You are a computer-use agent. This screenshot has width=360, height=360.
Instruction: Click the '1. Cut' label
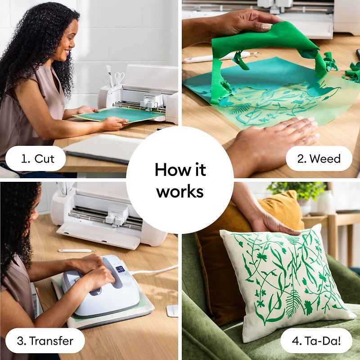(x=38, y=158)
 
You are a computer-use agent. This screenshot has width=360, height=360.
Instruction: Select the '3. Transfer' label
(x=45, y=340)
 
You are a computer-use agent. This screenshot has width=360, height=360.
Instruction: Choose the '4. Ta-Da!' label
(x=316, y=340)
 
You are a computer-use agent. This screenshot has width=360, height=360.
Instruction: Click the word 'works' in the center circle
(x=180, y=191)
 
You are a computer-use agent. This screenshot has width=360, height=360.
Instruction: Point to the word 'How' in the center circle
(x=167, y=170)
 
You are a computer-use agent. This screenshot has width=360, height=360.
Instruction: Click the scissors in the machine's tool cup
(x=119, y=78)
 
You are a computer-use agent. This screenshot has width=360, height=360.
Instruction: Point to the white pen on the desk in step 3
(x=74, y=251)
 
